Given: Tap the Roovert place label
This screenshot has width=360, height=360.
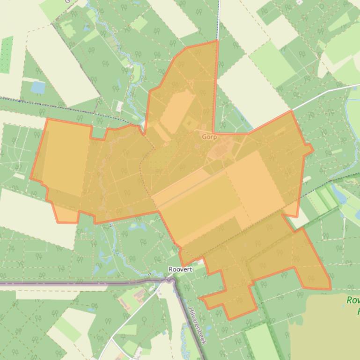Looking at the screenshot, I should [180, 270].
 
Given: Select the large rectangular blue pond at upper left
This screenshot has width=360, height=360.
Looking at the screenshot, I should [37, 87].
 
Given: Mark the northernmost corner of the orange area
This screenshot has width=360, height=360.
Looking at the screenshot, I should [217, 41].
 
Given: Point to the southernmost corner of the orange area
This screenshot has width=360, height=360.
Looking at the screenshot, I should [229, 320].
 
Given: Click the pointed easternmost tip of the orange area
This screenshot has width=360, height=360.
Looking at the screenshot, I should [313, 150].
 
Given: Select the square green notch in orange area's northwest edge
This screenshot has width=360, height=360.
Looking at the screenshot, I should [98, 133].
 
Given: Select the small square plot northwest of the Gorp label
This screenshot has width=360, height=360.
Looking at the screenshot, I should [189, 123].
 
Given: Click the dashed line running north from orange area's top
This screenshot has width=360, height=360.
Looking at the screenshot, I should [218, 19].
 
